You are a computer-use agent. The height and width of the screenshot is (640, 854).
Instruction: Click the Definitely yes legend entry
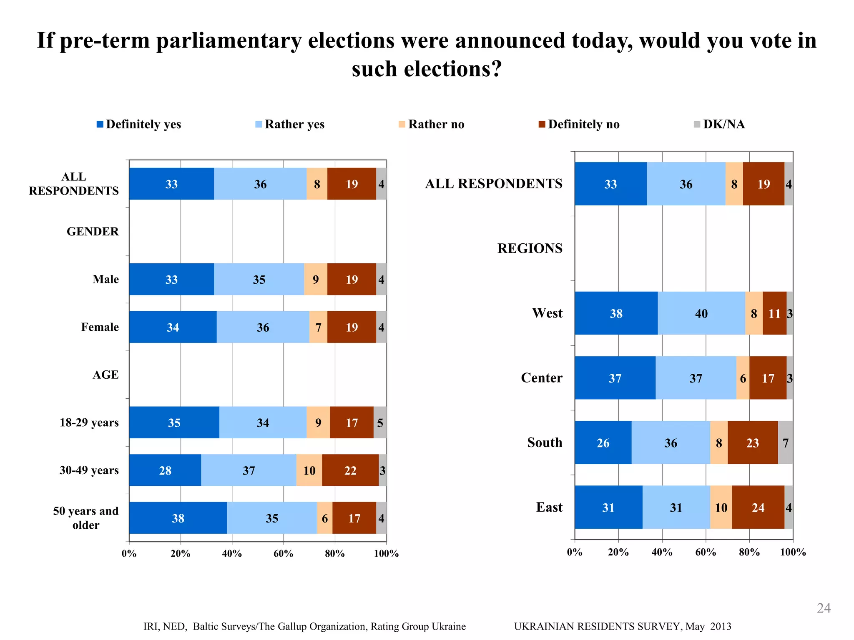point(139,124)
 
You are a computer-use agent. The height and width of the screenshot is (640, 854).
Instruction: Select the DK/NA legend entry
point(719,124)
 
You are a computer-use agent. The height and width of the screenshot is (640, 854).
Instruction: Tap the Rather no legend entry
point(432,124)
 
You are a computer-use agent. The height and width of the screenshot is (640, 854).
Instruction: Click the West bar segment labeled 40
point(701,313)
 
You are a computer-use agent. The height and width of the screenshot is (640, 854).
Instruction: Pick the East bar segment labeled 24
point(758,507)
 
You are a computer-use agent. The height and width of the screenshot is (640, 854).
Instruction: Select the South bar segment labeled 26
point(603,442)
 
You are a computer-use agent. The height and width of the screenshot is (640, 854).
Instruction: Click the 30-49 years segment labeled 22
point(350,470)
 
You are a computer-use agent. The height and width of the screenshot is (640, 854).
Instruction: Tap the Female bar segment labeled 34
point(173,327)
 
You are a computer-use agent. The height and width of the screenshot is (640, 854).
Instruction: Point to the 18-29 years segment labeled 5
point(380,422)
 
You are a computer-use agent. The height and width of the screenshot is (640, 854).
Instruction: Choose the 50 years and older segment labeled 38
point(178,518)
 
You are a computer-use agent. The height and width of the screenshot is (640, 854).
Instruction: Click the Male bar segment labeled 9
point(316,279)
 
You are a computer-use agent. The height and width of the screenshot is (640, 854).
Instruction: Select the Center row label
point(541,378)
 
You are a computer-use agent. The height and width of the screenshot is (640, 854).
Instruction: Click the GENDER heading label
point(93,232)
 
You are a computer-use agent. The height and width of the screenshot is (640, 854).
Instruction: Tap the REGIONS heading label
point(530,248)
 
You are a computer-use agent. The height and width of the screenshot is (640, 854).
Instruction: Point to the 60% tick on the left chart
point(284,554)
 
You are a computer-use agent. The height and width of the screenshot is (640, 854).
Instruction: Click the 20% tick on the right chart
point(618,552)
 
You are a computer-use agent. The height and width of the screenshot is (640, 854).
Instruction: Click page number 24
point(824,608)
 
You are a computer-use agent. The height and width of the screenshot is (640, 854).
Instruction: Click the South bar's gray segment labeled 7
point(786,442)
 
